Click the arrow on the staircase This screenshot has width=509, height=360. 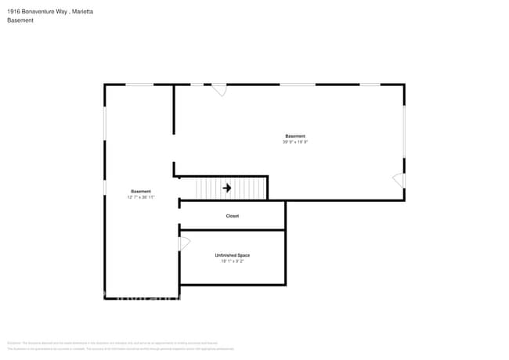tap(227, 188)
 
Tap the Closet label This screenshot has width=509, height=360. tap(233, 216)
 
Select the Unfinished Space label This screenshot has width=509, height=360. tap(233, 255)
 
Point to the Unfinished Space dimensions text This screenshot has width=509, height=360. tap(233, 261)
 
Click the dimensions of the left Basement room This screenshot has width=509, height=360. tap(141, 197)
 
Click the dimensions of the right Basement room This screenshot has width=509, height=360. tap(295, 142)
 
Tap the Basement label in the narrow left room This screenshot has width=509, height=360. tap(141, 192)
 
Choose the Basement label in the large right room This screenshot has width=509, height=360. tap(295, 136)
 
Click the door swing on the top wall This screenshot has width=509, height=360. tap(220, 90)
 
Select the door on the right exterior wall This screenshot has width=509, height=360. tap(399, 181)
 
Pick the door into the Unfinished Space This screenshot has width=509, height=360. tap(185, 243)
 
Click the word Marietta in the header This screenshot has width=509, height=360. tap(86, 11)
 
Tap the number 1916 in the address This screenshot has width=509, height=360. tap(13, 11)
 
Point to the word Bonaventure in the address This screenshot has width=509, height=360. tap(40, 11)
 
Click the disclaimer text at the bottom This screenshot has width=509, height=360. tap(117, 345)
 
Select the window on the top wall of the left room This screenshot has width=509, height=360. tap(139, 85)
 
